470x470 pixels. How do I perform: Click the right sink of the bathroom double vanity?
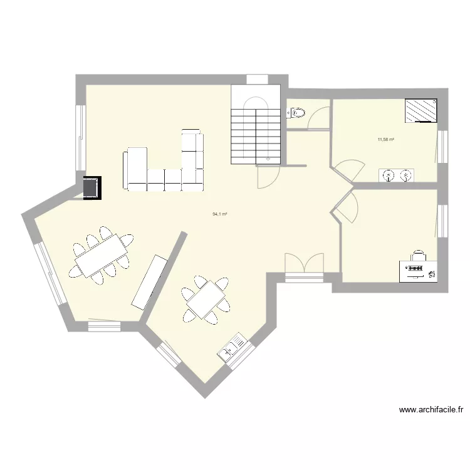click(x=407, y=175)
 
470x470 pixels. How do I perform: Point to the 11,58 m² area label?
click(x=385, y=140)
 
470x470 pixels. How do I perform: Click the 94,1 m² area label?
click(x=219, y=214)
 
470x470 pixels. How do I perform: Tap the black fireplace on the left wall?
click(x=91, y=187)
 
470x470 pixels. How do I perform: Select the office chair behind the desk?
click(x=418, y=254)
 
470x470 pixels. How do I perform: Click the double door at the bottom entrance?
click(x=304, y=264)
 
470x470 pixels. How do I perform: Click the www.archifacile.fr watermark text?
click(x=431, y=410)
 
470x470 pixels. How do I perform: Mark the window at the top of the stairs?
click(x=257, y=79)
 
